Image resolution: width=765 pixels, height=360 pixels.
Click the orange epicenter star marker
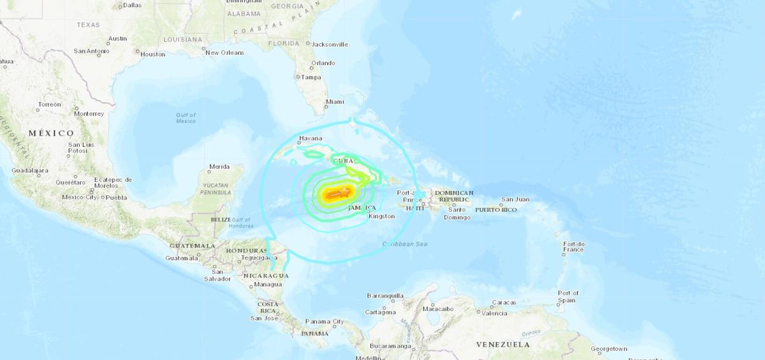tap(345, 191)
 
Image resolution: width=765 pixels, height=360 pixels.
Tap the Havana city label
tap(312, 138)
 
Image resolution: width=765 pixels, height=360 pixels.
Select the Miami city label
tap(334, 101)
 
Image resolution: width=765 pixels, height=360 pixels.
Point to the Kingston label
tap(382, 217)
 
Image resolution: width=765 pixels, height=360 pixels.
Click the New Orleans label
tap(224, 52)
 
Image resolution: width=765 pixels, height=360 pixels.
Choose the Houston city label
tap(153, 54)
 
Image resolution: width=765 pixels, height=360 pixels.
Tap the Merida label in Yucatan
tap(219, 167)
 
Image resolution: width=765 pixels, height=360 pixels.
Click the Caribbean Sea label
tap(404, 244)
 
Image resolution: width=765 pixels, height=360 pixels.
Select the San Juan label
tap(515, 199)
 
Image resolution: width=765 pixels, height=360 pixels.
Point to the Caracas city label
tap(504, 302)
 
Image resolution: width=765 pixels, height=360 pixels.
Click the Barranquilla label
tap(385, 296)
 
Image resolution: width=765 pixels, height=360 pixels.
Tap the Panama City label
tap(324, 322)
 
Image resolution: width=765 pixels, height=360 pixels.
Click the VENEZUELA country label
tap(503, 345)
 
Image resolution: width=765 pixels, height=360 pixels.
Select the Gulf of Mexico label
tap(186, 118)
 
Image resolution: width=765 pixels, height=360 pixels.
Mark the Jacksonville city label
tap(330, 45)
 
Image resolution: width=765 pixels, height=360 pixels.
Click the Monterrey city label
tap(89, 113)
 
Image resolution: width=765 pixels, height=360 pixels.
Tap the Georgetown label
tap(609, 349)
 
